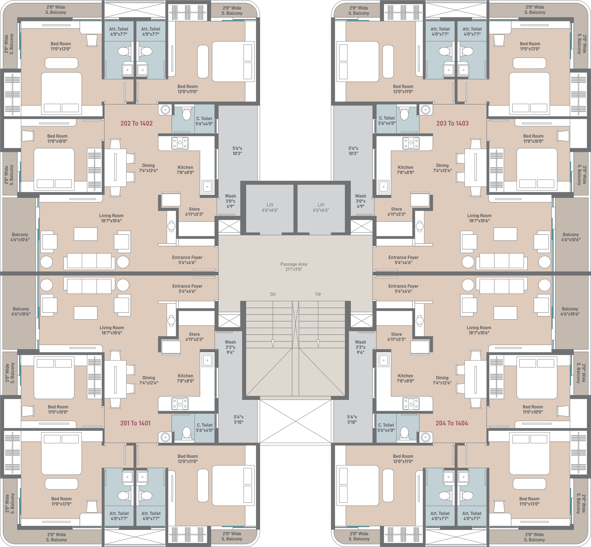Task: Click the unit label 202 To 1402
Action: (136, 123)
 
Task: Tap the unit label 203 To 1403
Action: (452, 123)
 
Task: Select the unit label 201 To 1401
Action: (135, 423)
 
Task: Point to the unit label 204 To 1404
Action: (452, 423)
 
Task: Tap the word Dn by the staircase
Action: (273, 294)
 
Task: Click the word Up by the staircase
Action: (318, 294)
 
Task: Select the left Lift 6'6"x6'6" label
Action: (270, 207)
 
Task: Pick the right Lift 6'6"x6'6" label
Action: (321, 207)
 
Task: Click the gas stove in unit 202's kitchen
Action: (180, 143)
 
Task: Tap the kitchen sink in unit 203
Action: (384, 187)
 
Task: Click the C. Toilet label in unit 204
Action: (386, 428)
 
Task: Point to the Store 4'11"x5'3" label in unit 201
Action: (195, 337)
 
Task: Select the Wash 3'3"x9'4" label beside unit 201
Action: (230, 347)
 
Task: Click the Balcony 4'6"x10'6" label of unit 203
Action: (571, 237)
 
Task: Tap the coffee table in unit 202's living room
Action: (86, 234)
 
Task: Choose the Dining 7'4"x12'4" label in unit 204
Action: (442, 380)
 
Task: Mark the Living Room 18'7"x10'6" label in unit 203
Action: (479, 218)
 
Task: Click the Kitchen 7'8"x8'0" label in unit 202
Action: (185, 170)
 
